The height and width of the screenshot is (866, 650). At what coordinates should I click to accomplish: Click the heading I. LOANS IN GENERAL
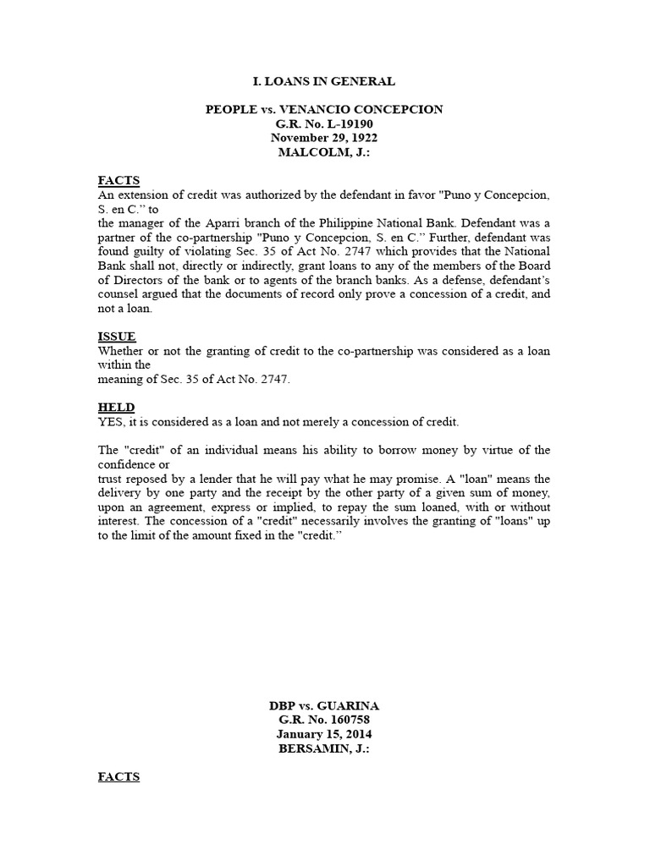[324, 81]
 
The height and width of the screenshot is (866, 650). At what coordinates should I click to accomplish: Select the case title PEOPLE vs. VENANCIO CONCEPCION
[324, 110]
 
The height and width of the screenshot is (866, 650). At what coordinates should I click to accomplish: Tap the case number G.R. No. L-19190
[324, 123]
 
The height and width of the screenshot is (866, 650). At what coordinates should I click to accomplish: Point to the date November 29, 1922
[324, 138]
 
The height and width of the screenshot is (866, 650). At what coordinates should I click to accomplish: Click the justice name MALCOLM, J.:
[324, 152]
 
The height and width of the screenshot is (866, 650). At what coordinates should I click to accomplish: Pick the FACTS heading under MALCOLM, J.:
[118, 180]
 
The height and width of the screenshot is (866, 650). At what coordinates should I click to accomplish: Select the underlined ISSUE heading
[117, 337]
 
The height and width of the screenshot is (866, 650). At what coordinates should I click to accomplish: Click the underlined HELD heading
[116, 408]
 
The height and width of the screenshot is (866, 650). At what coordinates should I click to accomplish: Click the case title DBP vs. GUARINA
[324, 706]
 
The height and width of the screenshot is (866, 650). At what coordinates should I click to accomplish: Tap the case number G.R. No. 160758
[324, 721]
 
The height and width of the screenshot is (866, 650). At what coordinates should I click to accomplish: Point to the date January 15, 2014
[324, 734]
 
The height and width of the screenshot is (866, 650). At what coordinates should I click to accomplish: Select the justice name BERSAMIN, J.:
[324, 748]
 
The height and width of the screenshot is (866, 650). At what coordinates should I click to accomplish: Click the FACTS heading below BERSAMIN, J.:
[118, 776]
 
